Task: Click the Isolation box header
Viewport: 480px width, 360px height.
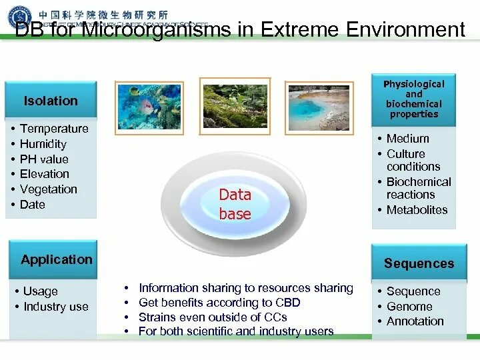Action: pyautogui.click(x=51, y=101)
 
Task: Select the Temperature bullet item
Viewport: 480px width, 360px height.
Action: pyautogui.click(x=54, y=129)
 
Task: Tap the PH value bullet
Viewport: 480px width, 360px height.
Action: pyautogui.click(x=44, y=159)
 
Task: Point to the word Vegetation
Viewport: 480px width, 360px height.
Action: pyautogui.click(x=49, y=189)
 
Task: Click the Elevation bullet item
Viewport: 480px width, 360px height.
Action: pyautogui.click(x=45, y=174)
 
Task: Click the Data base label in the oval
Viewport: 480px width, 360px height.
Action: pyautogui.click(x=235, y=204)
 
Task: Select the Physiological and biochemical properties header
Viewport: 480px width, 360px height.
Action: pyautogui.click(x=413, y=99)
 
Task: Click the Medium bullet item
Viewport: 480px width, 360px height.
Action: pyautogui.click(x=407, y=139)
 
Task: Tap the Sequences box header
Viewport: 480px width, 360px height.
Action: pyautogui.click(x=418, y=263)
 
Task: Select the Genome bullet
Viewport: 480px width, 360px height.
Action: pyautogui.click(x=409, y=307)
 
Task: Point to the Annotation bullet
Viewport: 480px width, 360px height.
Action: pyautogui.click(x=415, y=321)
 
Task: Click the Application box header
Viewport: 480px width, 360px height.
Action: pyautogui.click(x=57, y=259)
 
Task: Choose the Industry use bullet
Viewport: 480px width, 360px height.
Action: pyautogui.click(x=55, y=307)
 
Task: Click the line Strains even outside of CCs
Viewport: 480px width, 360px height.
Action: pyautogui.click(x=213, y=317)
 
